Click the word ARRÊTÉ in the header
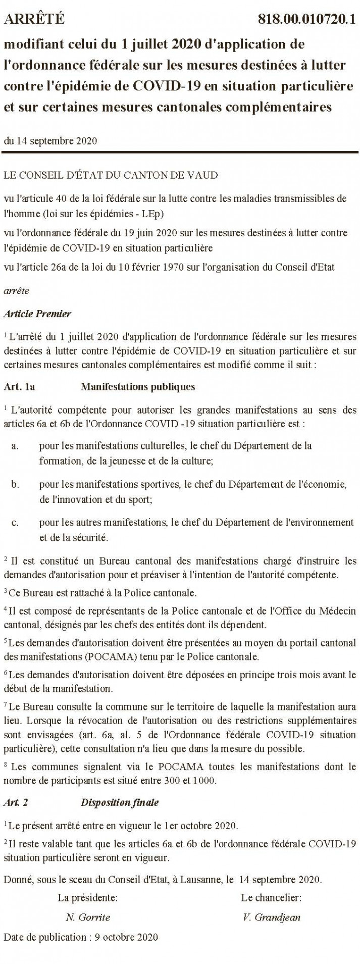point(34,20)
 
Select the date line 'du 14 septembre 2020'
point(50,141)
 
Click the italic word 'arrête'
point(16,290)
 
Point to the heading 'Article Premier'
point(37,314)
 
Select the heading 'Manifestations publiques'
point(137,387)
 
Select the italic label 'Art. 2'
point(16,802)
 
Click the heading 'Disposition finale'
point(120,802)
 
